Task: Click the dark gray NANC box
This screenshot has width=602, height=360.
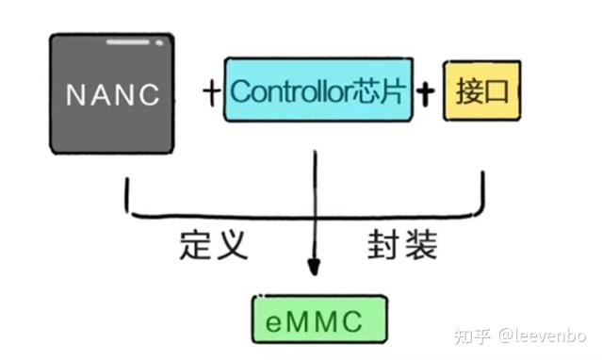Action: point(111,123)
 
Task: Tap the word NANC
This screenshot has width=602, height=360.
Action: point(111,94)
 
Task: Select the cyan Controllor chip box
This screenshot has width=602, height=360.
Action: point(318,91)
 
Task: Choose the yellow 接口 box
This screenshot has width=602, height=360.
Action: point(480,92)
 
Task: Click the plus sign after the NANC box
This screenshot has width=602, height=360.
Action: point(210,92)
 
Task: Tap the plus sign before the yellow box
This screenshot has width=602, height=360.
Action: point(428,92)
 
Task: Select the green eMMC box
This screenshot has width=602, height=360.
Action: point(319,320)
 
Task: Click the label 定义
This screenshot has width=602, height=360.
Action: point(213,246)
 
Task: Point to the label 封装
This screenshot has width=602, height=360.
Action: point(402,246)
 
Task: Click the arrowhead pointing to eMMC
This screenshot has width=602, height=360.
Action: point(315,271)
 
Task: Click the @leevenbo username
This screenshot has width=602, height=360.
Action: point(543,335)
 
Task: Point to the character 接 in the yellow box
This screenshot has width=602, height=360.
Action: point(468,92)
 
